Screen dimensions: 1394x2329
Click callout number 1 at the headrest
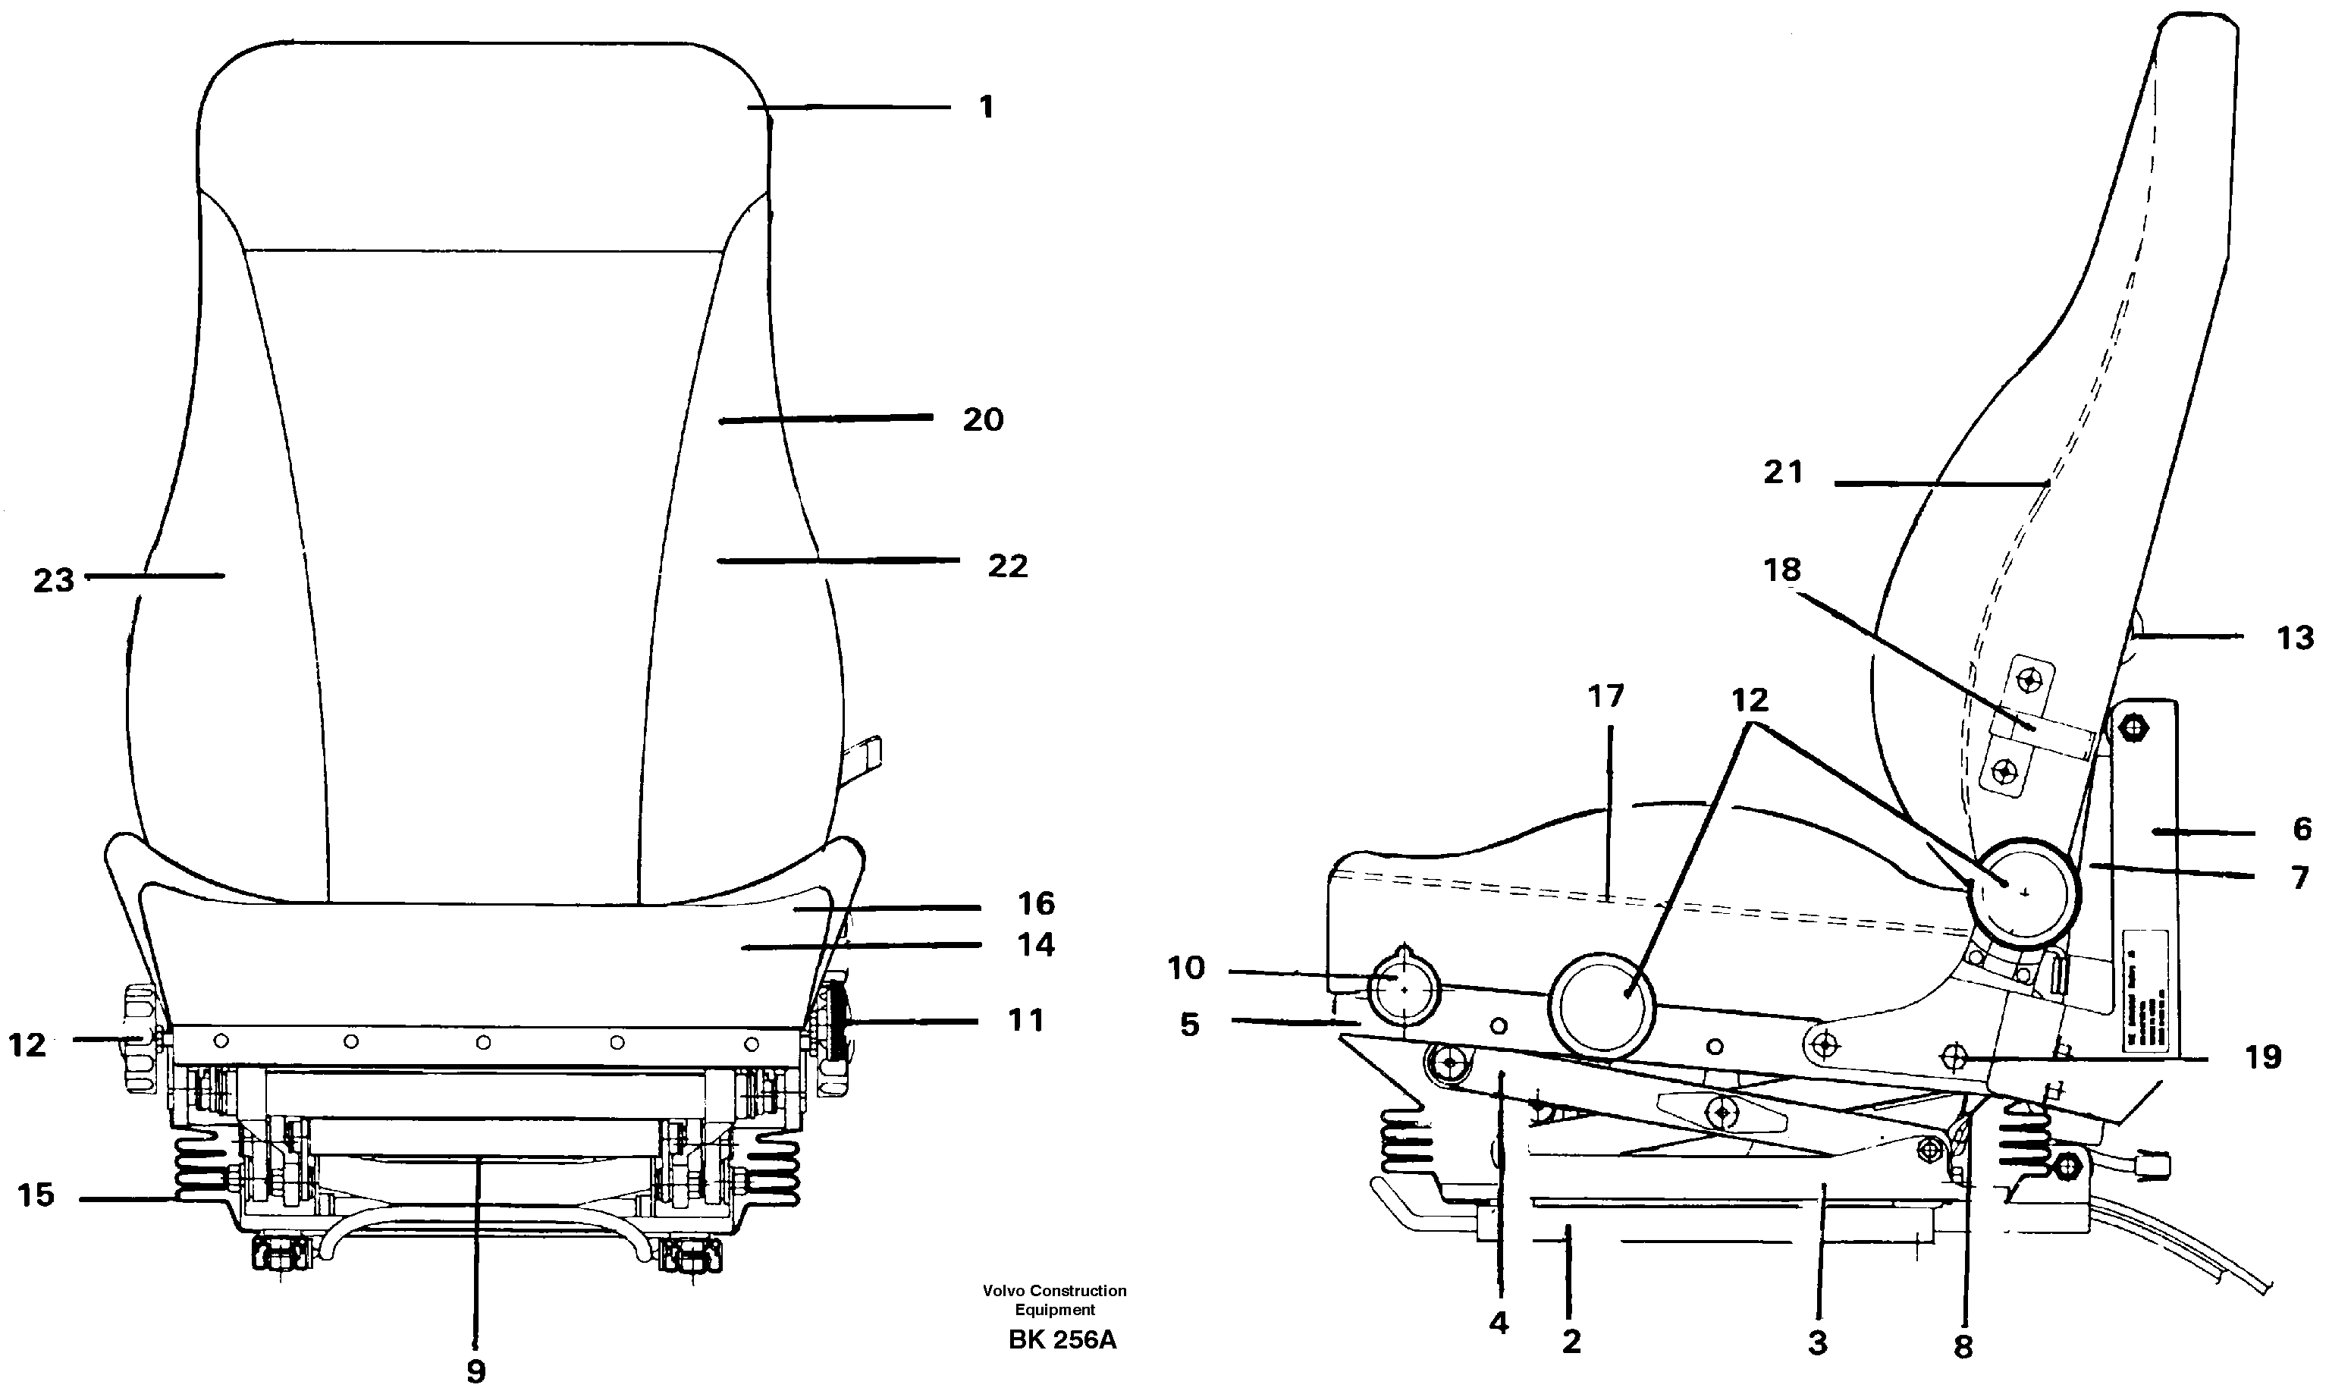tap(985, 107)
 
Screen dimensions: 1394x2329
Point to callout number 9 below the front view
tap(476, 1370)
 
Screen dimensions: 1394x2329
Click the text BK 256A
tap(1062, 1339)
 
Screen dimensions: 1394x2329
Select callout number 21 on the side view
tap(1782, 472)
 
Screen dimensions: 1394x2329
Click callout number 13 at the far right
tap(2294, 638)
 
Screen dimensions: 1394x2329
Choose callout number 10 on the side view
tap(1185, 968)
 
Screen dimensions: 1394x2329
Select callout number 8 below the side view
tap(1963, 1346)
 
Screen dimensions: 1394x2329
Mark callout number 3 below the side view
tap(1818, 1342)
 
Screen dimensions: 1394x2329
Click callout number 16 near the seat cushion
tap(1036, 903)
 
